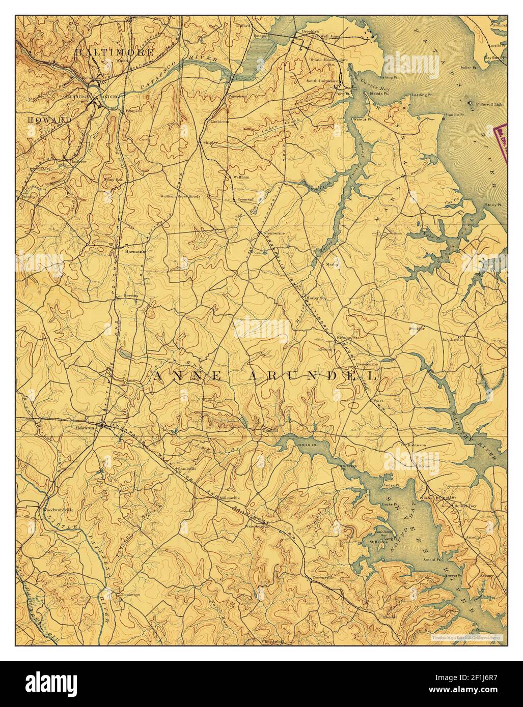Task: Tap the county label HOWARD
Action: pyautogui.click(x=49, y=120)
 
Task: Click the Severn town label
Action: pyautogui.click(x=130, y=296)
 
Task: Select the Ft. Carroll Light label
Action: pyautogui.click(x=487, y=104)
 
